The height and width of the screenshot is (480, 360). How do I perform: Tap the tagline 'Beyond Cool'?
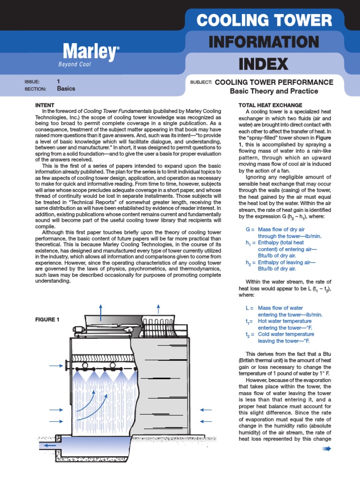click(75, 64)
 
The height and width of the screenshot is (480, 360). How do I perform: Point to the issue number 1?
click(59, 81)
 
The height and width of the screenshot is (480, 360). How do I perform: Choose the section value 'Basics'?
click(66, 88)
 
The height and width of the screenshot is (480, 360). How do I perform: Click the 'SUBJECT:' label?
click(201, 82)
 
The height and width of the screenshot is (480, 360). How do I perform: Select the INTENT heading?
click(45, 105)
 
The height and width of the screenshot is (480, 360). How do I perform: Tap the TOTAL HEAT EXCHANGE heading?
click(270, 105)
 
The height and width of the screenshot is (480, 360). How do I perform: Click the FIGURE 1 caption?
click(48, 320)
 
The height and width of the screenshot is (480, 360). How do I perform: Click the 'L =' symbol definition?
click(249, 308)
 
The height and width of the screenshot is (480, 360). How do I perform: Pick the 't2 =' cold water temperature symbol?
click(249, 335)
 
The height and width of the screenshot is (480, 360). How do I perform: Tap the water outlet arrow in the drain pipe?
click(49, 445)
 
